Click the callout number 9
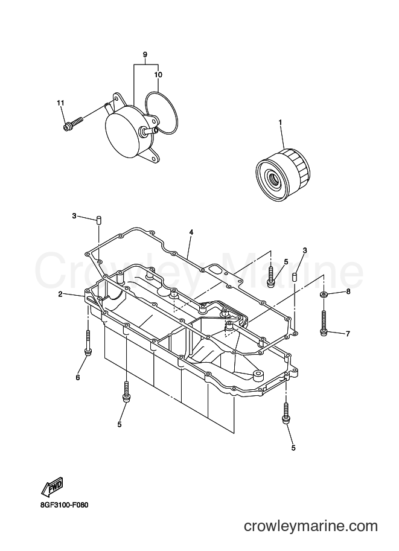click(x=145, y=54)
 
